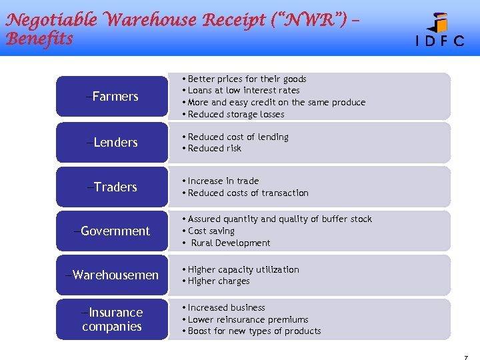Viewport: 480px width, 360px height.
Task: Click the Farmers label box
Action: click(112, 97)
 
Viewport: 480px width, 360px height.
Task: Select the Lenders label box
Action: click(112, 142)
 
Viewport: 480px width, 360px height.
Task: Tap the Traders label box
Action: click(112, 187)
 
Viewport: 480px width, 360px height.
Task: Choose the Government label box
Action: click(112, 231)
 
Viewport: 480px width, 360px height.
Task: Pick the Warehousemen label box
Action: click(112, 275)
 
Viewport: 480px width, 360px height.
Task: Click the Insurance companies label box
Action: click(112, 319)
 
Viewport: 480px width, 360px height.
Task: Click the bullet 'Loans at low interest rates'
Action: click(244, 91)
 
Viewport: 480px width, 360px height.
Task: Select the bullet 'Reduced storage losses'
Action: click(236, 115)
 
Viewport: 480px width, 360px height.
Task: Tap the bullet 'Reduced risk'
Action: click(215, 149)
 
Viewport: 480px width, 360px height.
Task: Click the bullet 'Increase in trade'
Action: click(223, 181)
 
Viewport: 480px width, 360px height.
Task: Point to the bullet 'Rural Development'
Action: click(231, 243)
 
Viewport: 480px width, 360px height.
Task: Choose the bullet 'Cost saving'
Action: click(211, 231)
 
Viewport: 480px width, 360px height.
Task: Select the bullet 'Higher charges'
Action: click(219, 281)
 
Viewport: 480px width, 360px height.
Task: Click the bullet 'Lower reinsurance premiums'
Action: click(248, 320)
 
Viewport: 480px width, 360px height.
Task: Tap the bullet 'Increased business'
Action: click(227, 308)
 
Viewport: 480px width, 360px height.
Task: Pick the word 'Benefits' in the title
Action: click(39, 39)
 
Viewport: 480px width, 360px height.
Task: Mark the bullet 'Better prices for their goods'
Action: click(247, 79)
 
